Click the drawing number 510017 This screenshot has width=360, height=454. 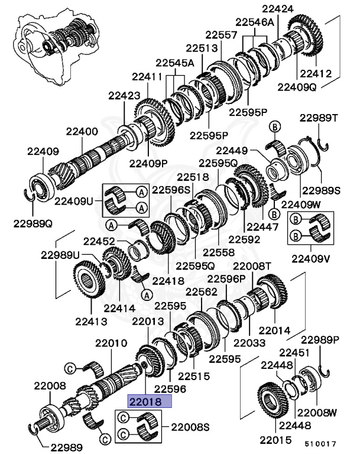pyautogui.click(x=320, y=442)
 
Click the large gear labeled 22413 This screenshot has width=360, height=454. pyautogui.click(x=91, y=286)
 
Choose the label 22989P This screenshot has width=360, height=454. pyautogui.click(x=320, y=340)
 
